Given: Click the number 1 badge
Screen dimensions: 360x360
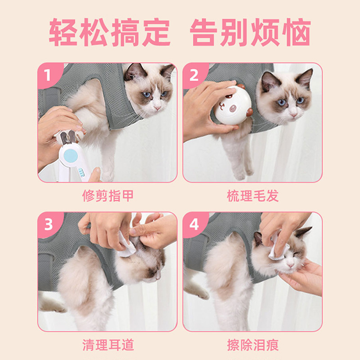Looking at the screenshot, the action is (49, 75).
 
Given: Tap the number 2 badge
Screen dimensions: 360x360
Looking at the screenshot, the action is (194, 75).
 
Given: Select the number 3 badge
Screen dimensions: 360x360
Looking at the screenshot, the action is (49, 224).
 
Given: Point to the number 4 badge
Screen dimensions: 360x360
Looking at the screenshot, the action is (194, 224).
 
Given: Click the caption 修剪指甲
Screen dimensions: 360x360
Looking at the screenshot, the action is (108, 196).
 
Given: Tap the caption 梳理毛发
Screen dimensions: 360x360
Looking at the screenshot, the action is (253, 196).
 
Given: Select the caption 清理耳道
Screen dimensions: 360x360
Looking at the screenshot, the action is (108, 345).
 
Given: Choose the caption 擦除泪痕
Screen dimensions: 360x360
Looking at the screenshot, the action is (253, 345).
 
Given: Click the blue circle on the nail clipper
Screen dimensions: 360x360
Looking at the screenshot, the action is (71, 155).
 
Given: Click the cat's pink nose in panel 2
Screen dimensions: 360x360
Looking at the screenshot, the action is (293, 115).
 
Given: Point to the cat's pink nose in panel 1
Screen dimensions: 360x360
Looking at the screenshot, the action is (157, 108).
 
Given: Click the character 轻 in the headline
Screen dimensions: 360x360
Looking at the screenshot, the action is (63, 32).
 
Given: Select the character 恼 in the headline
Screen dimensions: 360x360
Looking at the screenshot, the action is (297, 32).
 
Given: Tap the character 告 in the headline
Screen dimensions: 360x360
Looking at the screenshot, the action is (204, 32).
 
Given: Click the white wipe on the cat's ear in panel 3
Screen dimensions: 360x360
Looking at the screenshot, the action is (126, 245).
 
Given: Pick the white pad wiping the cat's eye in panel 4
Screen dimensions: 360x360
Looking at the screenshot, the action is (277, 247).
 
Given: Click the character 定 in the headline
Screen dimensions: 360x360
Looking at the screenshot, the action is (156, 32).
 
